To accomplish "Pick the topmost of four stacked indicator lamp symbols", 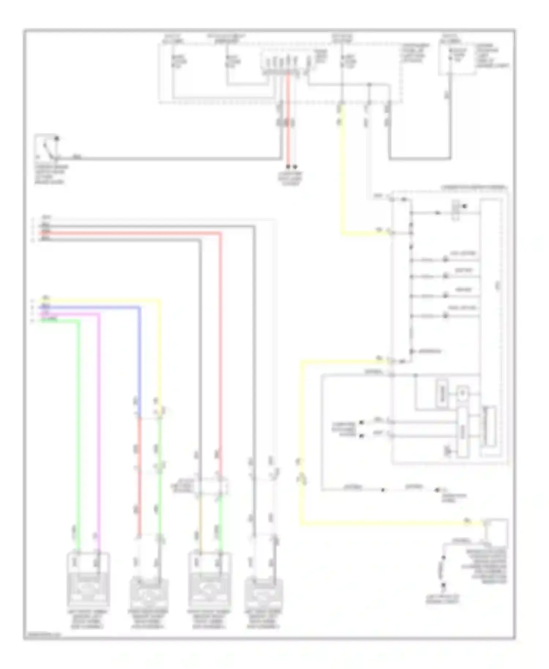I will (x=445, y=259).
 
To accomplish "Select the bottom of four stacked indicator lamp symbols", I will (x=445, y=315).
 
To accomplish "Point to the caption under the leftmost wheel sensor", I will (x=87, y=619).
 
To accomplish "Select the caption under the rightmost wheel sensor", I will (x=263, y=619).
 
